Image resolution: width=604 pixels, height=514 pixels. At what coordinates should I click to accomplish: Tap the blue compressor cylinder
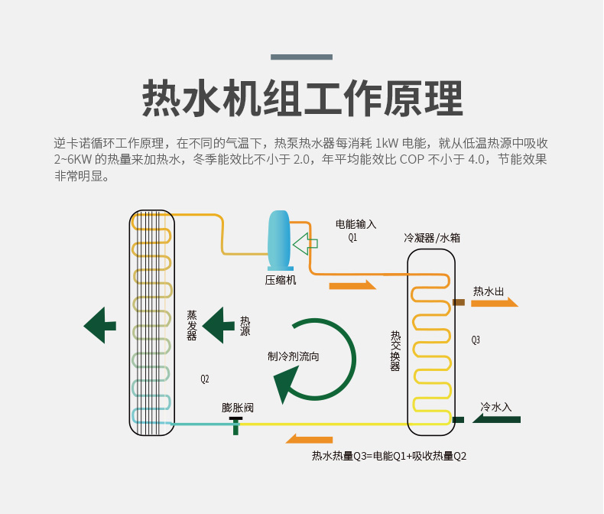pos(279,237)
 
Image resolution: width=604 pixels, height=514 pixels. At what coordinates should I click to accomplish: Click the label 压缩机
pos(281,280)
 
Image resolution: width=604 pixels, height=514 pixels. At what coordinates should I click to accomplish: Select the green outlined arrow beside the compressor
pos(305,244)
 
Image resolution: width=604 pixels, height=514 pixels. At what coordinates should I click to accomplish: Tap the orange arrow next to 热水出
pos(494,303)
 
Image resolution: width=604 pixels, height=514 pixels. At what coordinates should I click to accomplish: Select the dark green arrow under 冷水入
pos(497,419)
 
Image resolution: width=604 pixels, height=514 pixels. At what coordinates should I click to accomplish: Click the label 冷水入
pos(495,406)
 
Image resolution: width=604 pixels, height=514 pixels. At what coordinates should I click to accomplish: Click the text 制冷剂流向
pos(294,356)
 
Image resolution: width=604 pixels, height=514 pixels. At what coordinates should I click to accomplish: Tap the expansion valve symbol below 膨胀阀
pos(235,424)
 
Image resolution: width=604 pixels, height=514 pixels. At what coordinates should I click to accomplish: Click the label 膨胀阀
pos(237,408)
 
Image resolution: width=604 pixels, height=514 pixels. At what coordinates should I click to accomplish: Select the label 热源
pos(245,326)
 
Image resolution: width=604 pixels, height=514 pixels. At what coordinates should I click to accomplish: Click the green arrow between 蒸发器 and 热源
pos(218,325)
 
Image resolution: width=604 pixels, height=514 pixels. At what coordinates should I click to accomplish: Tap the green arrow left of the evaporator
pos(99,325)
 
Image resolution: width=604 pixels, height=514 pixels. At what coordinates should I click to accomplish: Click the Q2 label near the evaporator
pos(205,379)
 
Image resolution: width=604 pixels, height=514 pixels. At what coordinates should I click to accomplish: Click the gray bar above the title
pos(302,57)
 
